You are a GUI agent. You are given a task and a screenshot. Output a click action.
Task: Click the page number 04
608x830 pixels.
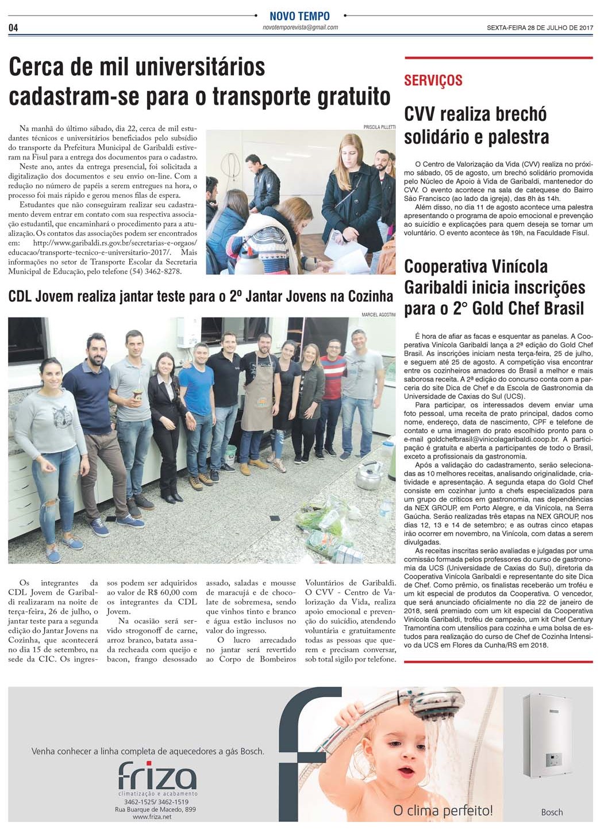pos(13,28)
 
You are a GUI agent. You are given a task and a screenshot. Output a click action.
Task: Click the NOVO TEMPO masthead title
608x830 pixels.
pos(300,16)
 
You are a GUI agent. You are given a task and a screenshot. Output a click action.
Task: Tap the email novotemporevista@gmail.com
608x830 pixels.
pos(300,28)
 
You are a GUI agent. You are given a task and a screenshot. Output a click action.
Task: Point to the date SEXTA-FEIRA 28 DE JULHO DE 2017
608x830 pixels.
pos(540,28)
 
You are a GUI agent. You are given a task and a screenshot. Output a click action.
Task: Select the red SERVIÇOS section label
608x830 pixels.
pos(433,81)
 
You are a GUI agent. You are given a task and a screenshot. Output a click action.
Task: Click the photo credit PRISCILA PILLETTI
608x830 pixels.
pos(379,127)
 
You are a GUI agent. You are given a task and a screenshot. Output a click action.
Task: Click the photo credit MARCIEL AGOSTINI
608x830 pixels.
pos(378,314)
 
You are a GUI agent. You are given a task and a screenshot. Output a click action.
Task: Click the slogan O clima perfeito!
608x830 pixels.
pos(442,811)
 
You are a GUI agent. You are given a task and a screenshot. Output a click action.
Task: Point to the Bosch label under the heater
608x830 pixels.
pos(552,812)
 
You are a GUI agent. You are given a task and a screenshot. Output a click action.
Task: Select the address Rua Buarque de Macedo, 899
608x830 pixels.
pos(156,809)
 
